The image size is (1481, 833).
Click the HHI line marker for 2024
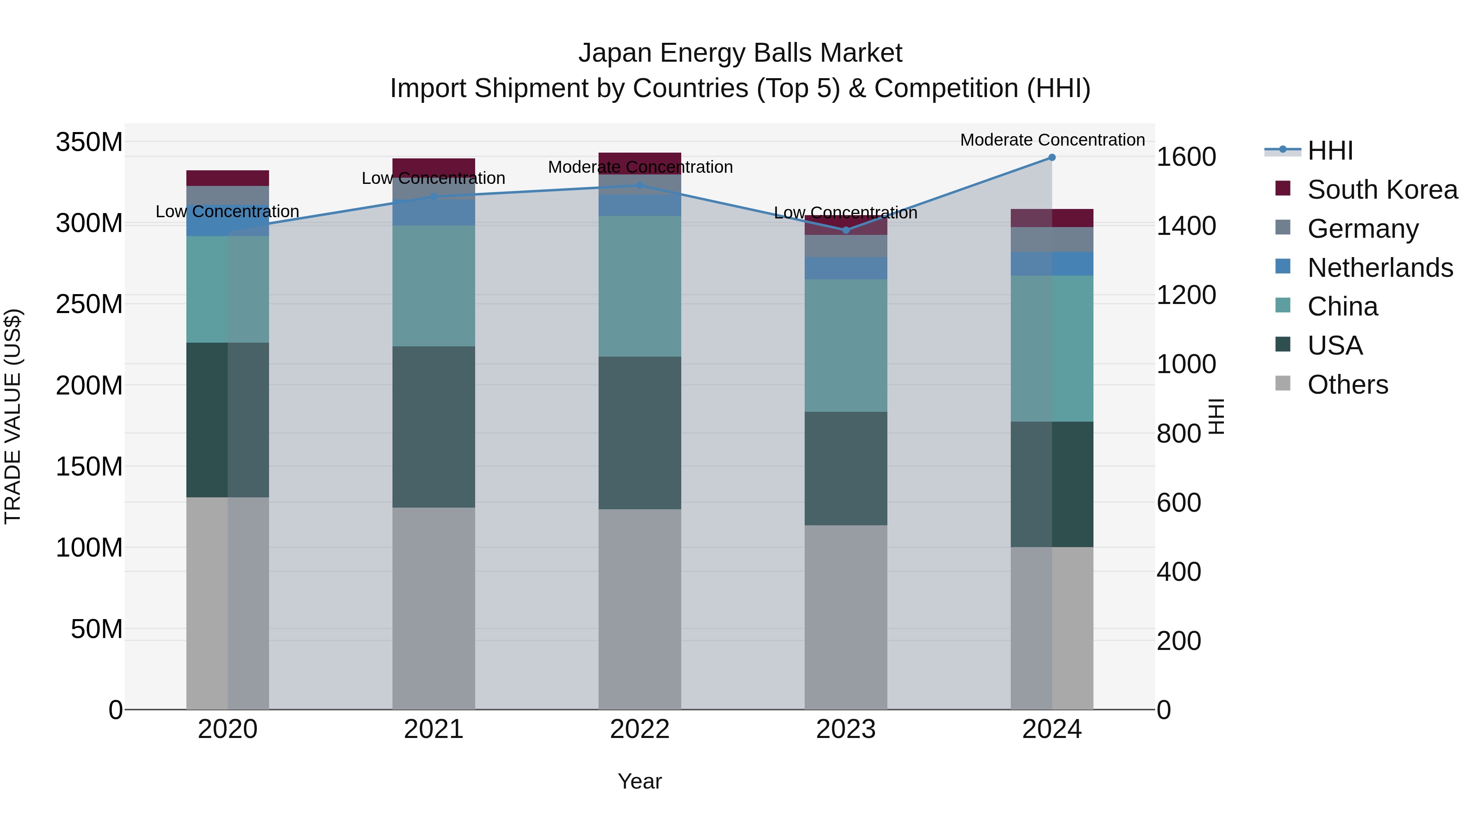(1052, 157)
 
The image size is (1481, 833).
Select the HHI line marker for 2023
(846, 230)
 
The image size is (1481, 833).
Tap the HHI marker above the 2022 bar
(640, 185)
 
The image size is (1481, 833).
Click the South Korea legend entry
(1382, 190)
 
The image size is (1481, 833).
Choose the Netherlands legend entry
(1380, 268)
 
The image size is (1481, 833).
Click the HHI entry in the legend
(1330, 151)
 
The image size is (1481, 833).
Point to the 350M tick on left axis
(89, 142)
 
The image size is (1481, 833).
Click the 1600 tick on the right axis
(1186, 157)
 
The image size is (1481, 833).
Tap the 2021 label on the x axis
(434, 729)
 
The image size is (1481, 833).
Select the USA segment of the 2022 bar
(640, 432)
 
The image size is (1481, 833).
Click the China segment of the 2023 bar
(846, 345)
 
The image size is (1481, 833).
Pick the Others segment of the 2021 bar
(434, 608)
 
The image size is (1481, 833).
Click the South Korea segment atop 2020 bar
(227, 178)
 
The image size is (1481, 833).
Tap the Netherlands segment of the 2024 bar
(1052, 263)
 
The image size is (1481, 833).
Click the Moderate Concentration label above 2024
(1052, 140)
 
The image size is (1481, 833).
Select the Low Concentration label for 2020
(227, 211)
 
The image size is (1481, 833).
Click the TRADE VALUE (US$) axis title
(13, 416)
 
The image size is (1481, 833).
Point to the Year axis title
(639, 781)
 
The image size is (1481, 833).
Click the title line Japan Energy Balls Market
(740, 53)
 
